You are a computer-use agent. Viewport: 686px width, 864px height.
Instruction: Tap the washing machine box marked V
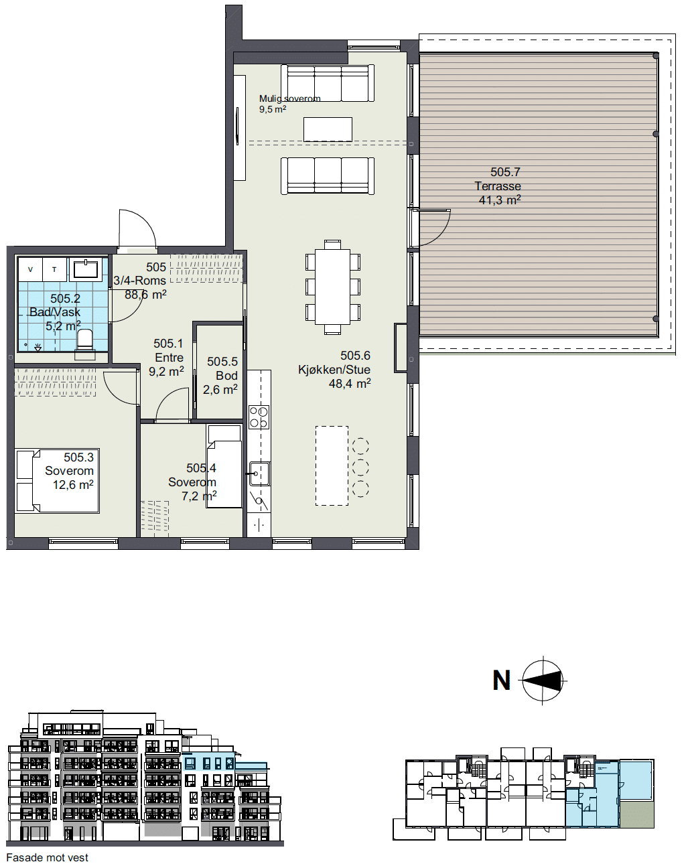(31, 269)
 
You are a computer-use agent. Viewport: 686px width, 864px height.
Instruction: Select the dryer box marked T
(55, 269)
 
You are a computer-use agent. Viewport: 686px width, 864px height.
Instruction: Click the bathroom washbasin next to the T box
(86, 269)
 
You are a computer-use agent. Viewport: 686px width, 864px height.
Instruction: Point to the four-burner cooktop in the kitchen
(259, 417)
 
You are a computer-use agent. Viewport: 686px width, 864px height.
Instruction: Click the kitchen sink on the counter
(259, 474)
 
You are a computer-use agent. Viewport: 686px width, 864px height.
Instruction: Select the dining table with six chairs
(332, 287)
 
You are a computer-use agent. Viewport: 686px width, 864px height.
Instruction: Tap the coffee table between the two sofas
(328, 129)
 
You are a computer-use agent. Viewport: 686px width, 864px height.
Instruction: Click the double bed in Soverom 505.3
(57, 481)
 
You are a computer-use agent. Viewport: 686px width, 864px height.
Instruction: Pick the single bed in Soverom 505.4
(224, 467)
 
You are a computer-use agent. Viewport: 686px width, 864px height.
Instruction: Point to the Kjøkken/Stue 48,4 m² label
(334, 369)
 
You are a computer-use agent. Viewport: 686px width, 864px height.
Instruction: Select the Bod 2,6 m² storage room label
(220, 375)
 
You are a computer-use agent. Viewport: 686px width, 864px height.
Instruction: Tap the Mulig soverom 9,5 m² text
(289, 104)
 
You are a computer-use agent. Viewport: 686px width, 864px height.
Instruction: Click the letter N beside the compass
(502, 680)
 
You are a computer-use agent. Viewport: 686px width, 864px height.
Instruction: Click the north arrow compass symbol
(543, 680)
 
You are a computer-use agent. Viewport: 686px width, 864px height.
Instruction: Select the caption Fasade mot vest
(48, 857)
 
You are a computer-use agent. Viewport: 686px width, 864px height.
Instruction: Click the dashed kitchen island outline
(332, 465)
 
